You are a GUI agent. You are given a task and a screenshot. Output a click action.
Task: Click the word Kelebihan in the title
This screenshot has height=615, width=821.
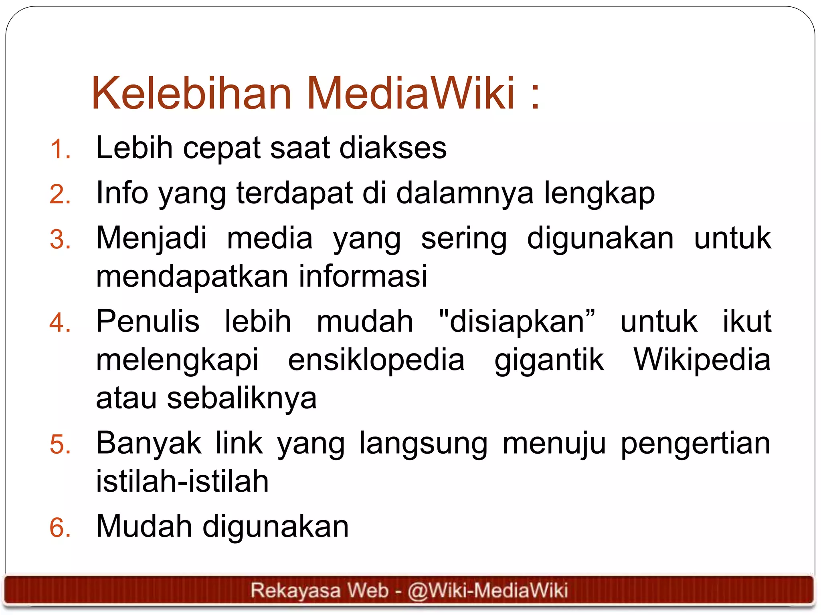191,93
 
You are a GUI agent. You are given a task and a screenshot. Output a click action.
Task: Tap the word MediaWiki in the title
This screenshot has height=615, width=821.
410,93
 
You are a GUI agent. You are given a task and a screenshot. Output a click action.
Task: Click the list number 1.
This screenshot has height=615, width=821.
61,149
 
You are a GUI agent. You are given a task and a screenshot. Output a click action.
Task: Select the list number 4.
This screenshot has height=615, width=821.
61,323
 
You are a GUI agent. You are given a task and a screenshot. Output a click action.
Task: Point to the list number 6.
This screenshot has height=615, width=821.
61,527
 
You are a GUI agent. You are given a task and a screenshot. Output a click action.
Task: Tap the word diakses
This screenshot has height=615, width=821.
393,148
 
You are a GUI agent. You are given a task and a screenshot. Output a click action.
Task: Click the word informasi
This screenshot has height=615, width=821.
363,276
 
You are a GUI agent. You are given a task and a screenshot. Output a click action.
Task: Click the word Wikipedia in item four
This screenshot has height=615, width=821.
702,360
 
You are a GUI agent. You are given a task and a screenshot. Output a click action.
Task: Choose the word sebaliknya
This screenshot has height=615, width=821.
242,399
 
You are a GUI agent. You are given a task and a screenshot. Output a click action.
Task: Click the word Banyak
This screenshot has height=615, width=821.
149,443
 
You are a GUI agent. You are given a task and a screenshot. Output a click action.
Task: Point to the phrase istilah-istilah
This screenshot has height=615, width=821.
182,481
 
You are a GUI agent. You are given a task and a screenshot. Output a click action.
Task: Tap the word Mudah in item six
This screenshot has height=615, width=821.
144,527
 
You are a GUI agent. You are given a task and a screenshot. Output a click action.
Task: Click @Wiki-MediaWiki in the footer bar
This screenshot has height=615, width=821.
487,591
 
